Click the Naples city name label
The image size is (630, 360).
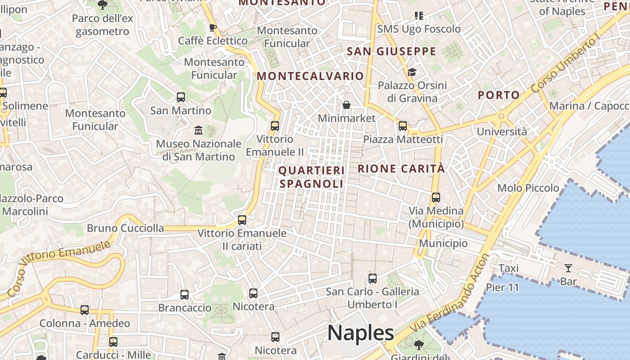(x=360, y=333)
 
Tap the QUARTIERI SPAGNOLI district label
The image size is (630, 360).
(x=311, y=177)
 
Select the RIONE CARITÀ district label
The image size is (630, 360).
(x=401, y=169)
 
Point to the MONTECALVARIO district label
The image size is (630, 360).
(x=310, y=76)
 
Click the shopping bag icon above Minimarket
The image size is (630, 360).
(x=346, y=105)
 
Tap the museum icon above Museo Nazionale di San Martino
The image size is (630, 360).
(x=198, y=130)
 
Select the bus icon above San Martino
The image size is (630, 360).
(x=181, y=97)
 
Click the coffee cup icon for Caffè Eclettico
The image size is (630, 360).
(x=213, y=28)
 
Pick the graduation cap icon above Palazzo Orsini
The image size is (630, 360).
(x=412, y=72)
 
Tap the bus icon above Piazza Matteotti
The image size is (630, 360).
(x=403, y=126)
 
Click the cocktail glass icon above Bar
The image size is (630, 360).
(x=568, y=268)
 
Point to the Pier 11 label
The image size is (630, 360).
(x=503, y=287)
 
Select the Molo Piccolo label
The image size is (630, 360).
(x=528, y=188)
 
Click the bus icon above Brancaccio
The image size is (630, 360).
(x=184, y=295)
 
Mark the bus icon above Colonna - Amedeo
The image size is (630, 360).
(x=85, y=310)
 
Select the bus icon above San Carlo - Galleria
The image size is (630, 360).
(x=373, y=278)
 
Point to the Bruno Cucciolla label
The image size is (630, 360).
(x=125, y=228)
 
